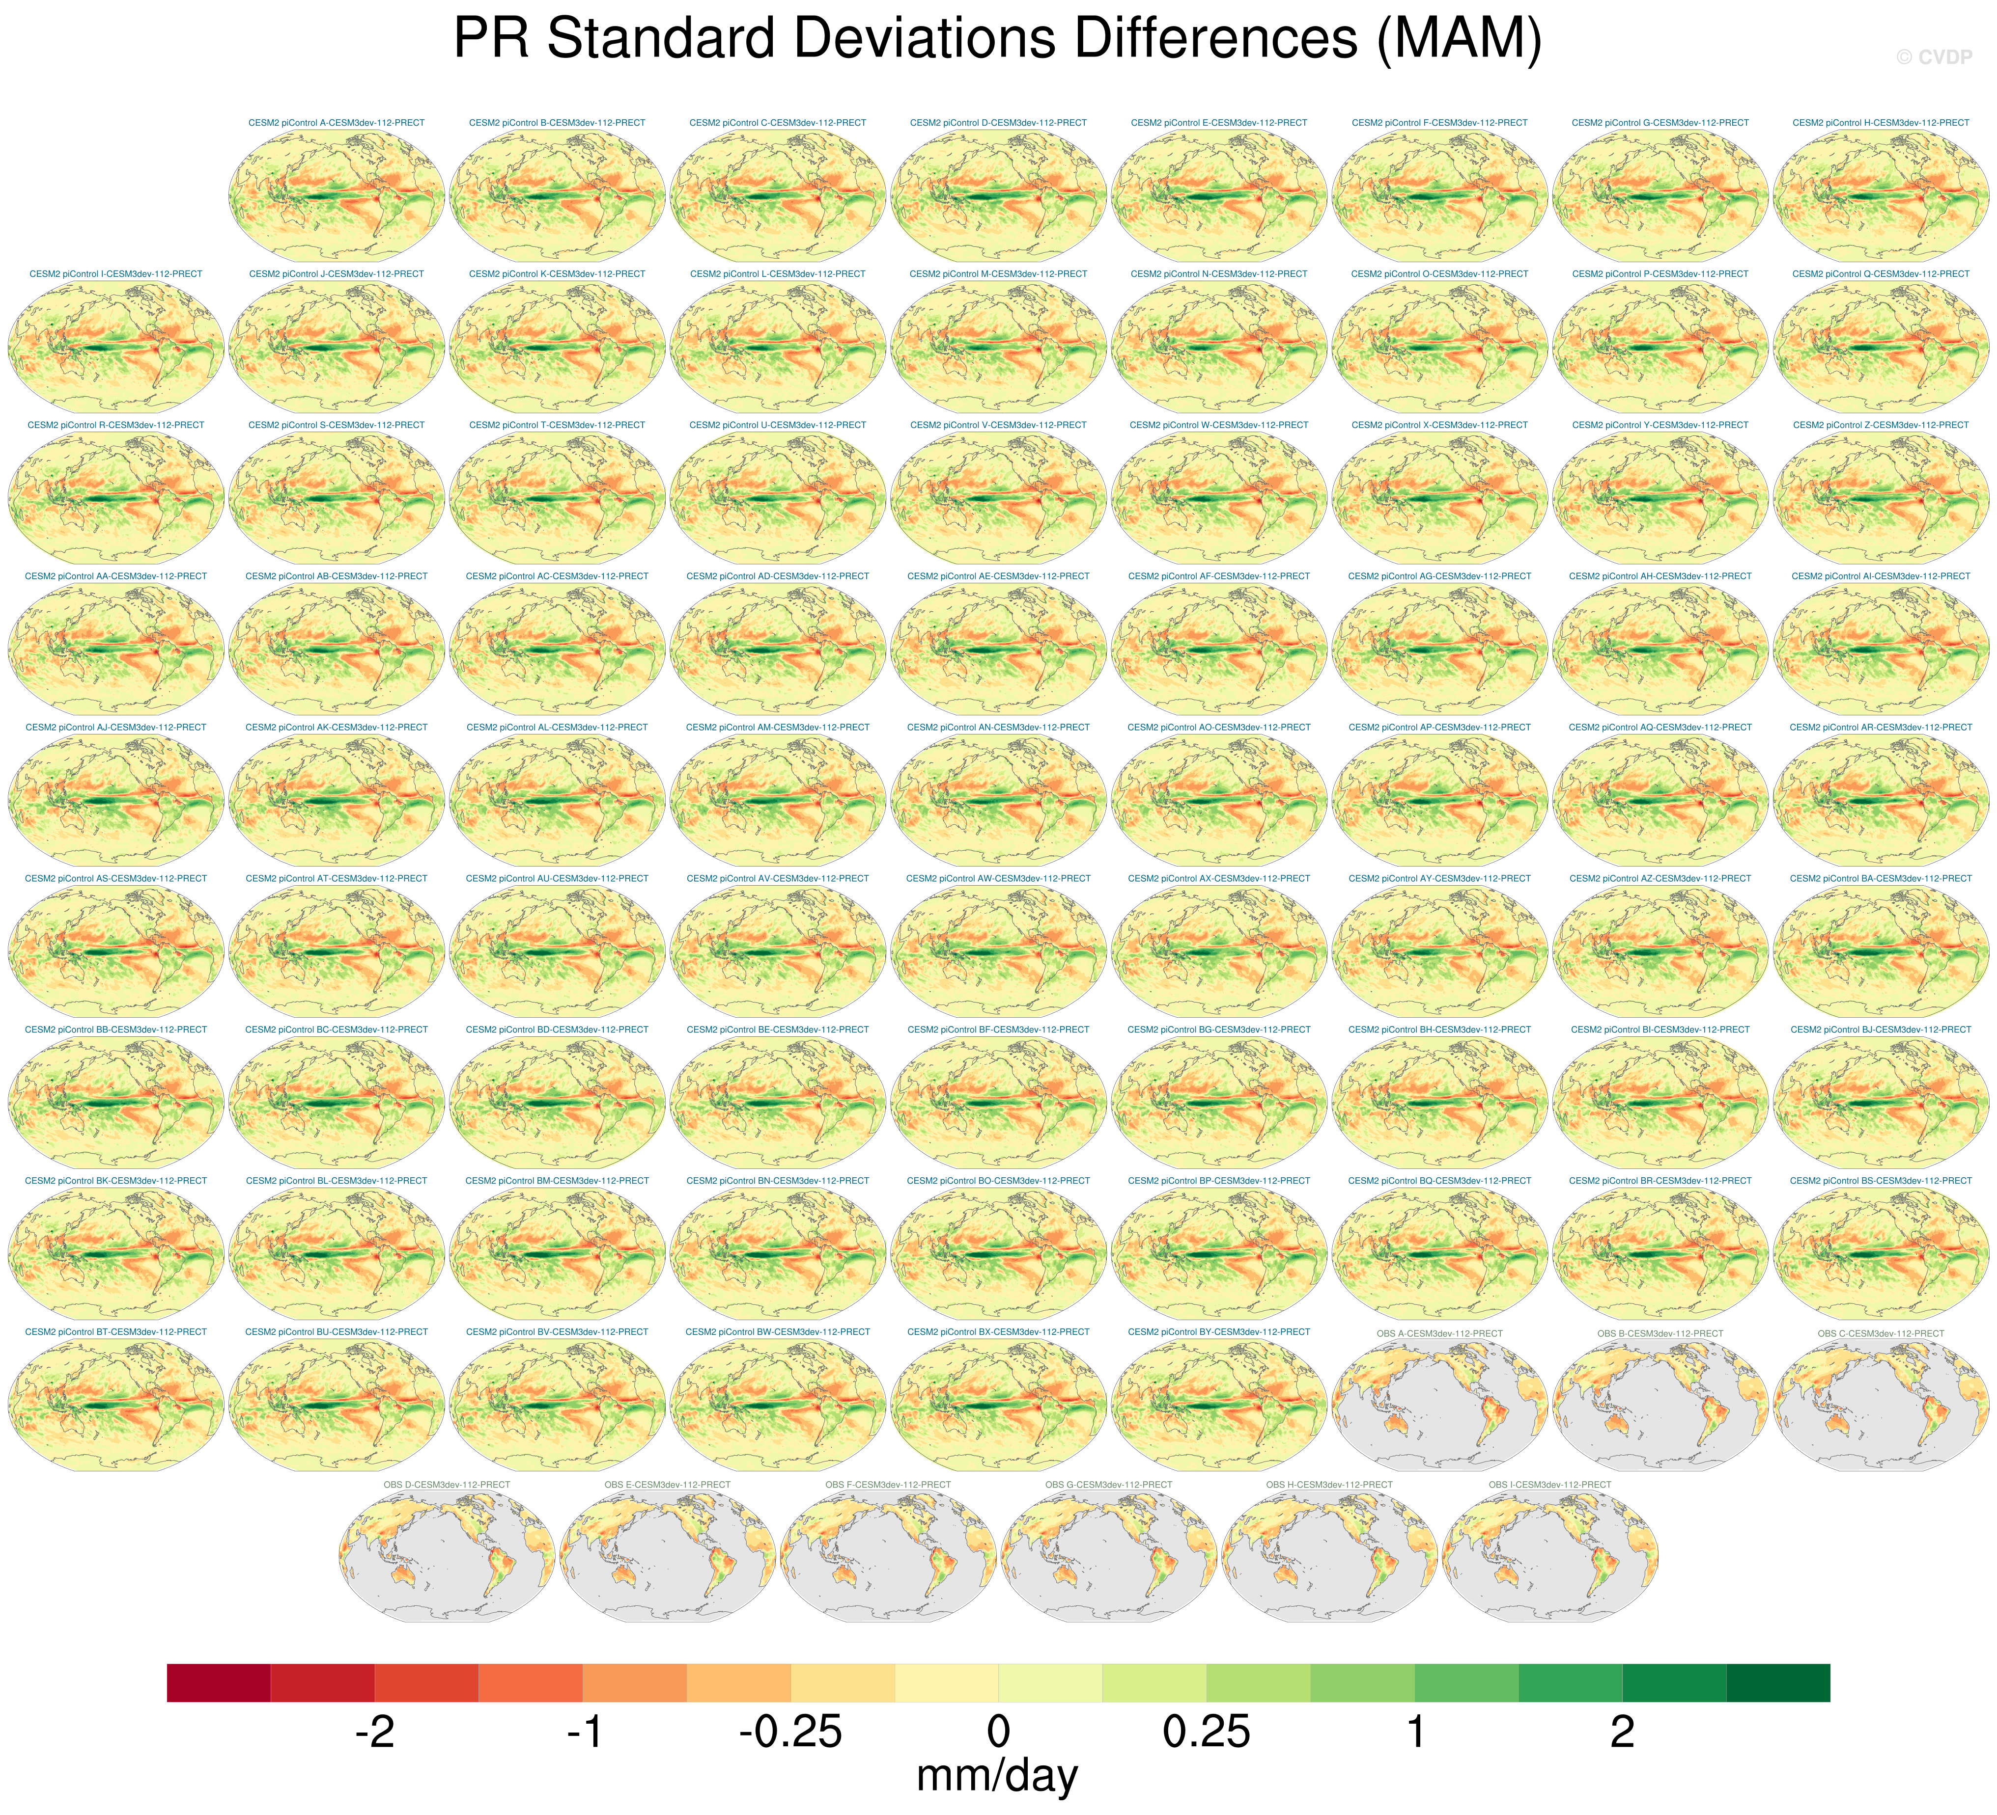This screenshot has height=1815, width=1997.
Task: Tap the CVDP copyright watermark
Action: [x=1934, y=57]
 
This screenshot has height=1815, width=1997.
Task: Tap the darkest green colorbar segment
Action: [x=1778, y=1682]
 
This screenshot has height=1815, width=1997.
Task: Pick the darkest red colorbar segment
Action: [x=219, y=1682]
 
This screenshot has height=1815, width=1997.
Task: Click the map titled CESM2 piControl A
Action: [x=337, y=196]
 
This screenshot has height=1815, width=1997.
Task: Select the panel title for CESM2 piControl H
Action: [x=1880, y=123]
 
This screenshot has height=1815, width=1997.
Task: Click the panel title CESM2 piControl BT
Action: [x=116, y=1332]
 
